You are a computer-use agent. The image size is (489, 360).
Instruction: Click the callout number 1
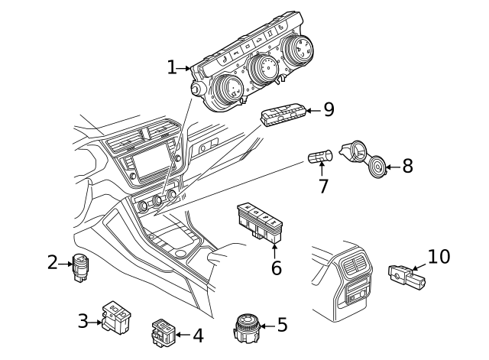click(x=172, y=68)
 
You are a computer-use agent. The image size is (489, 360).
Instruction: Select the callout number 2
click(x=52, y=263)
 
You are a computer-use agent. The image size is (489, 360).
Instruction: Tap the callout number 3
click(x=83, y=321)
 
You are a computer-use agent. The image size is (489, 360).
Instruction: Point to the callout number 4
click(x=197, y=334)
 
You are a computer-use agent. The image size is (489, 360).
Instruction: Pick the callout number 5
click(x=282, y=325)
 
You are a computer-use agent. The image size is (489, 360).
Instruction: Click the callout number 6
click(x=276, y=268)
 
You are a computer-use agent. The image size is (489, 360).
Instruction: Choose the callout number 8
click(x=407, y=166)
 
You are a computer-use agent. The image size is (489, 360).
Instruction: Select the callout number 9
click(x=329, y=110)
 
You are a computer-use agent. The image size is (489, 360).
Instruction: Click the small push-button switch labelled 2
click(x=80, y=267)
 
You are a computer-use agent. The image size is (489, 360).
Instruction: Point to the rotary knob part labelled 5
click(x=247, y=328)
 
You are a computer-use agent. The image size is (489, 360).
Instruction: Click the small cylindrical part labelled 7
click(x=319, y=158)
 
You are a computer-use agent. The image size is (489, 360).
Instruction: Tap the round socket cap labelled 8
click(x=376, y=166)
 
